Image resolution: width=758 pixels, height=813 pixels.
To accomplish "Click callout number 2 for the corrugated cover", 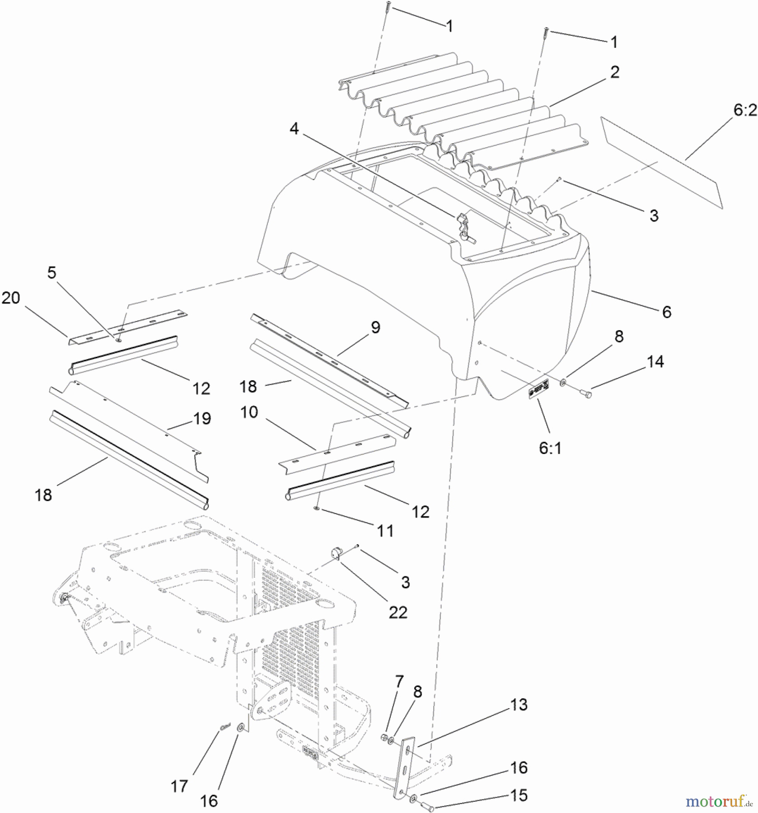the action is [x=614, y=72].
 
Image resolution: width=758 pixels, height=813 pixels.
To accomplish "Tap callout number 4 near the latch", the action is [x=294, y=129].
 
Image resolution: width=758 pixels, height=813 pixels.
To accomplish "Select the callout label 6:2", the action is [x=745, y=110].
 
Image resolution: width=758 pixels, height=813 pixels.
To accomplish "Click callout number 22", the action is [x=398, y=612].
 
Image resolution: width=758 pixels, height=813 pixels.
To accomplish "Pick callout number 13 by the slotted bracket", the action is [x=519, y=705].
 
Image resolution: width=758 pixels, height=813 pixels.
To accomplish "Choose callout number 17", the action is [x=179, y=786].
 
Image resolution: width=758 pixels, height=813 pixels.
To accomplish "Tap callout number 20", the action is [x=11, y=298].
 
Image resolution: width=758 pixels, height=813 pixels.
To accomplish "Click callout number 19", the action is [x=202, y=419].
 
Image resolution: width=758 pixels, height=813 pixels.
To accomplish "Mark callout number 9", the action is [x=375, y=327].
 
